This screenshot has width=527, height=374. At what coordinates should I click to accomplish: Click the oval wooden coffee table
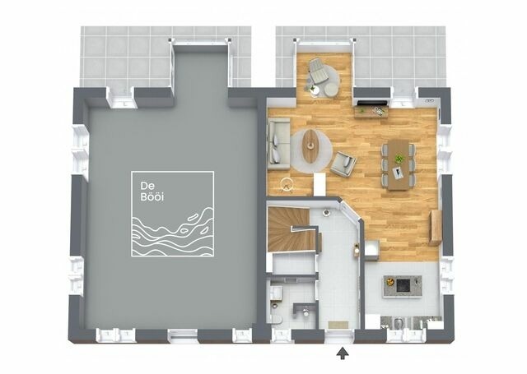point(310,145)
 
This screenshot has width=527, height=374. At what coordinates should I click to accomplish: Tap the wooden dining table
point(399,164)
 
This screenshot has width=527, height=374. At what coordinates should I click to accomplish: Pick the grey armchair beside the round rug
point(343,164)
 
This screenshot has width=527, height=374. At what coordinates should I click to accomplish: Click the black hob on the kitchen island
point(403,284)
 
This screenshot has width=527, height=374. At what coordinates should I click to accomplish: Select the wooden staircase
point(287,230)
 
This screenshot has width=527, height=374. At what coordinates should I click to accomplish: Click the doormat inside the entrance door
point(338,324)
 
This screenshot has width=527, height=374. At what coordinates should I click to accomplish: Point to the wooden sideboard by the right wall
point(435,227)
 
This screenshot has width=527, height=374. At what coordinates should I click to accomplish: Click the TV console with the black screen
point(372,107)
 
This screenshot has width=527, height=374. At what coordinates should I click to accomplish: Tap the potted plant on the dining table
point(399,159)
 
